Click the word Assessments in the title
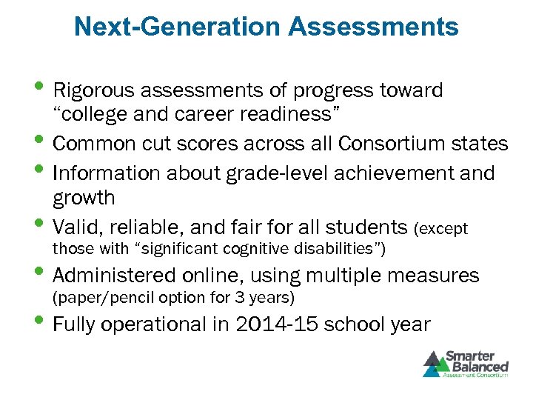tap(373, 27)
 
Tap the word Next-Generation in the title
tap(178, 27)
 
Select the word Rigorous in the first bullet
tap(93, 90)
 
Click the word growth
tap(84, 198)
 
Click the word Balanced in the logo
tap(481, 366)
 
